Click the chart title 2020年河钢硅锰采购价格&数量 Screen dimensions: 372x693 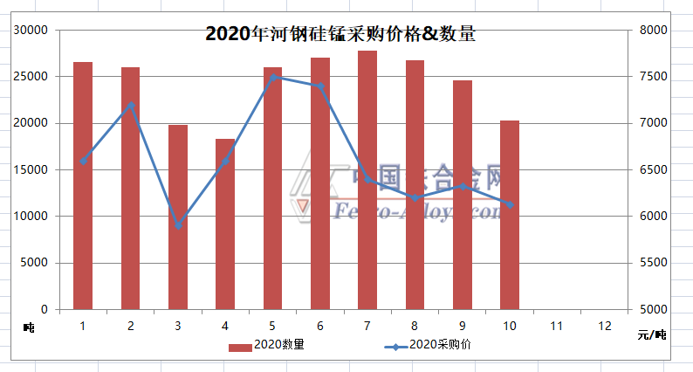coord(340,35)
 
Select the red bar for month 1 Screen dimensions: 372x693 coord(83,185)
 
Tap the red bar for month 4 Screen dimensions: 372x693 coord(225,224)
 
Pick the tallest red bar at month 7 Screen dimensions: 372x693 coord(367,180)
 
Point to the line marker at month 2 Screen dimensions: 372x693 coord(131,105)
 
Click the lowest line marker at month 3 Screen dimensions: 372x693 coord(178,225)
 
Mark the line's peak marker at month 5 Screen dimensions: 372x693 coord(273,77)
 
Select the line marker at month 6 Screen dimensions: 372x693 coord(320,86)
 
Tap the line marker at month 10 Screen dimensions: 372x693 coord(510,204)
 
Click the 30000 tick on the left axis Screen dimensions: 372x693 coord(32,31)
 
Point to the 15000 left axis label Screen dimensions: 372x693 coord(32,169)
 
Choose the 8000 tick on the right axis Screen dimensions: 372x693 coord(654,31)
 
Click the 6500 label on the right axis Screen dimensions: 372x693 coord(654,169)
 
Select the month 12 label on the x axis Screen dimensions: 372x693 coord(604,326)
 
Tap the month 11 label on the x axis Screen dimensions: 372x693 coord(557,326)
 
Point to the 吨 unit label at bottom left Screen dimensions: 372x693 coord(29,327)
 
